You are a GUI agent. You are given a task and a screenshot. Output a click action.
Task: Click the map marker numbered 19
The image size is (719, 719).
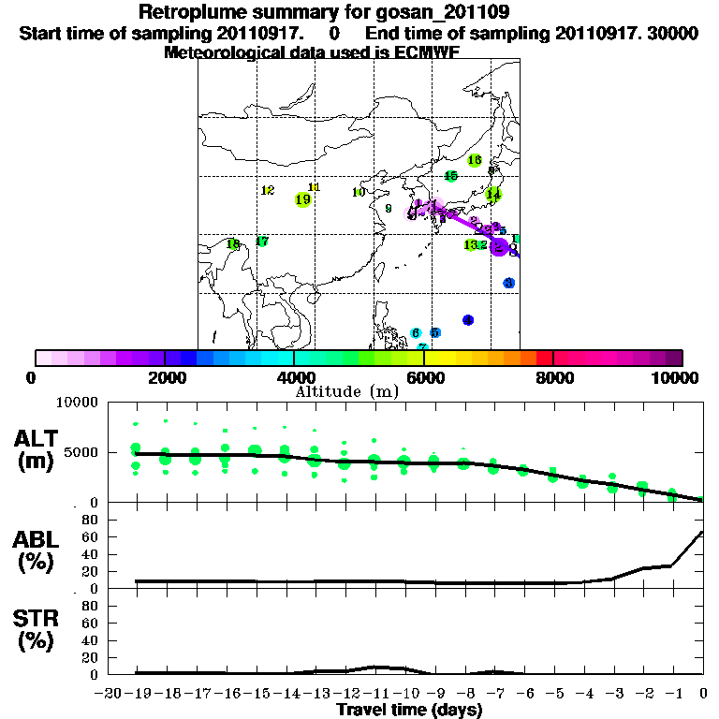tap(302, 199)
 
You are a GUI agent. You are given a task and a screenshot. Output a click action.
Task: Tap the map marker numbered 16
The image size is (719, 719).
tap(475, 160)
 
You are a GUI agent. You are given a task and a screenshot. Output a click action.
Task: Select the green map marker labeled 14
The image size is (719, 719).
tap(493, 195)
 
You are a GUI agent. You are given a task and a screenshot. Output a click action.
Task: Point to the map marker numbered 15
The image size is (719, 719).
tap(450, 176)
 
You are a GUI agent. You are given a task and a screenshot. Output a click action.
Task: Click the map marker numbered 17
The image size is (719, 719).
tap(262, 242)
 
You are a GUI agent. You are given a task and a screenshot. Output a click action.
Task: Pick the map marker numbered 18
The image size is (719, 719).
tap(233, 244)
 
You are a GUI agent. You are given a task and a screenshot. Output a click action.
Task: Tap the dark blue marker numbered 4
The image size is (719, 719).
tap(468, 320)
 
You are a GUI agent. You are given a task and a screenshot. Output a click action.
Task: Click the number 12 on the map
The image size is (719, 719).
tap(268, 190)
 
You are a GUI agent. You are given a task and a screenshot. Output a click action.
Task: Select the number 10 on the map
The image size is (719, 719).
tap(359, 192)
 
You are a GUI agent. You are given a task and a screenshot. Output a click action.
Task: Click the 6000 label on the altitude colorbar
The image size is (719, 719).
tap(424, 377)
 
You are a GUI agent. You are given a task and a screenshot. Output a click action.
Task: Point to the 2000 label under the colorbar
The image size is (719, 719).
tap(164, 377)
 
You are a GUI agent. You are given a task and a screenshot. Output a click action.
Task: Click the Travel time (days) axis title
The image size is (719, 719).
tap(409, 711)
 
